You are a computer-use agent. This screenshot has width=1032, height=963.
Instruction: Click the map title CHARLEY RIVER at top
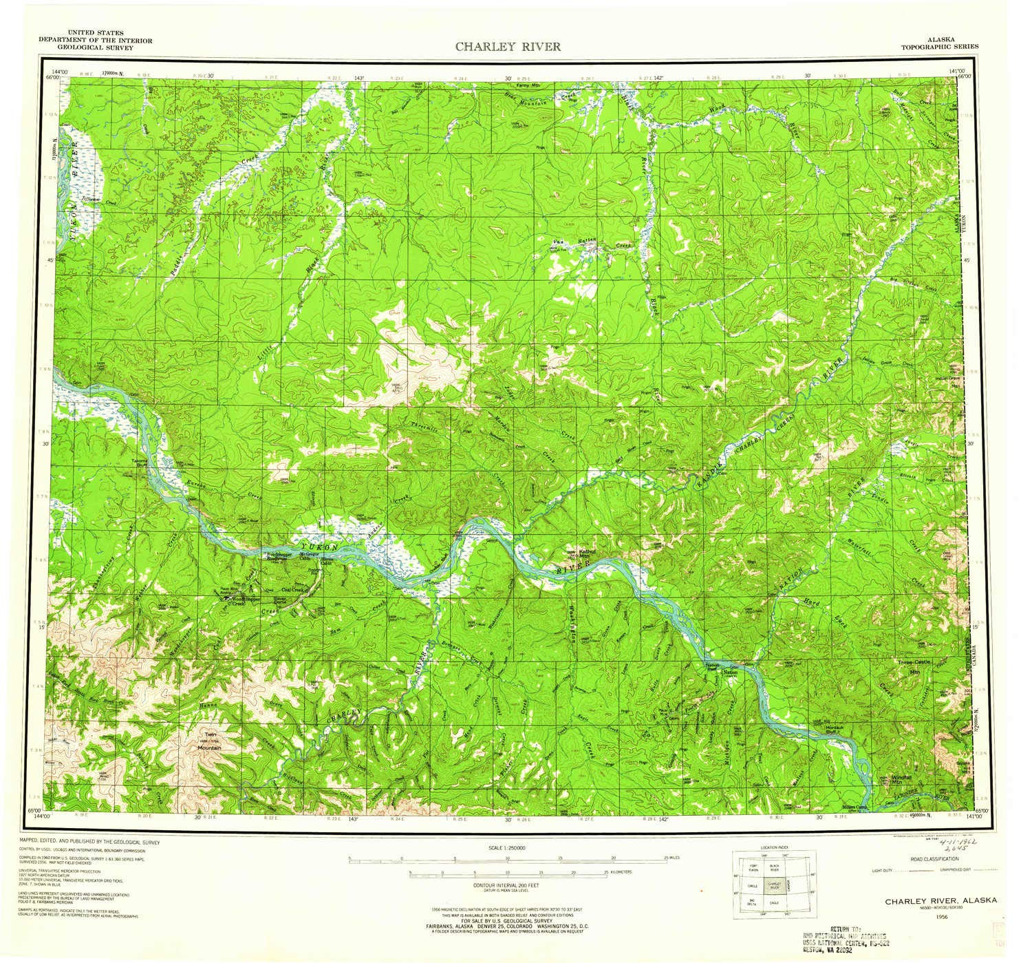(x=507, y=47)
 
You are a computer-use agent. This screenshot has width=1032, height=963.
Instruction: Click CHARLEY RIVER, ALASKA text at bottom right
(x=937, y=901)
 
